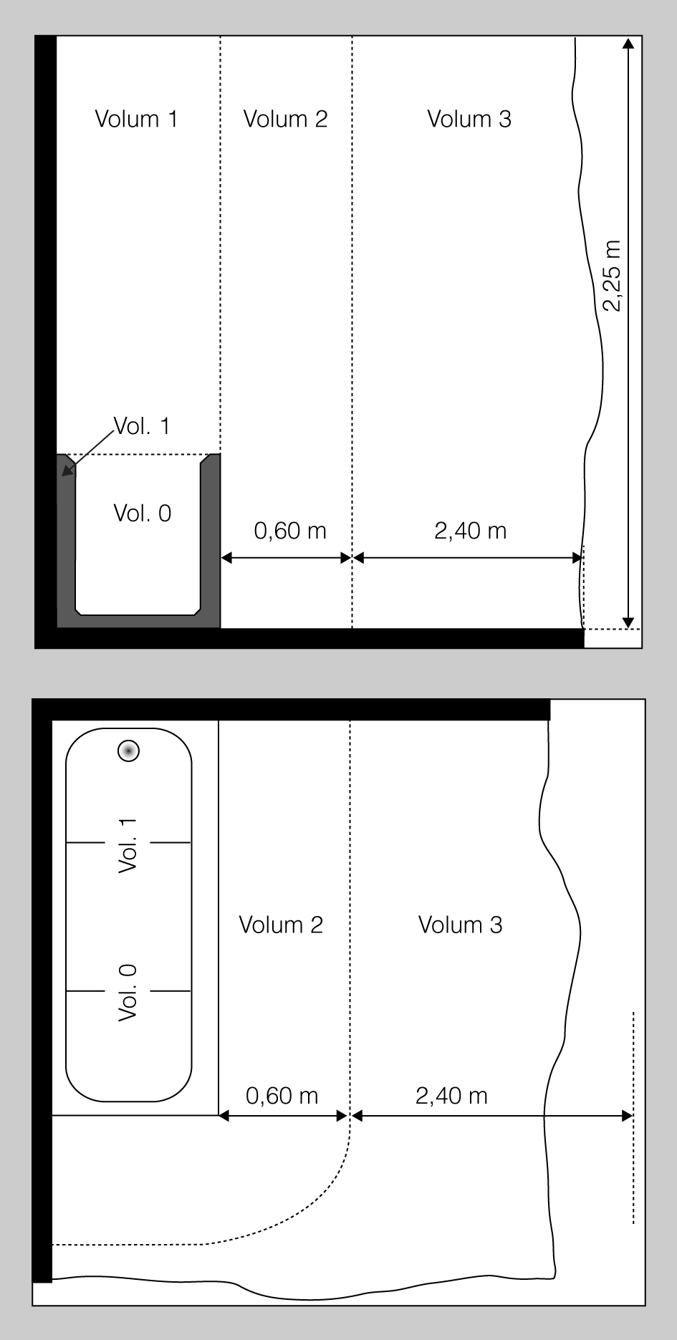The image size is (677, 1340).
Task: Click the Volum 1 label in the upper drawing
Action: (x=136, y=119)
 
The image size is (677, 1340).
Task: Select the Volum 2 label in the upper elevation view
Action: (x=285, y=119)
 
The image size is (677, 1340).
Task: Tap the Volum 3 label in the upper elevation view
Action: (x=469, y=119)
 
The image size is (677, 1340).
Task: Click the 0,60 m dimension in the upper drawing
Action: (x=290, y=531)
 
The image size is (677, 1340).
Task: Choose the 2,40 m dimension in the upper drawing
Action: (x=471, y=531)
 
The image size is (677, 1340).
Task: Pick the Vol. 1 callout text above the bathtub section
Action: (x=142, y=426)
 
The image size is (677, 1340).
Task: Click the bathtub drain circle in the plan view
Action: (x=128, y=751)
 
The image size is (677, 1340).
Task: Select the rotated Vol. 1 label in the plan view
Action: (x=128, y=845)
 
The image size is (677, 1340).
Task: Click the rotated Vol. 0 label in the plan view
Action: (x=128, y=993)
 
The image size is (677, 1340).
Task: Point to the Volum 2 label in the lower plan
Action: (x=281, y=925)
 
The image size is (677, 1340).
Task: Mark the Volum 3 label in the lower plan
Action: (x=461, y=925)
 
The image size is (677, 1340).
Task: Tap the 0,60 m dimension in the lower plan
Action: (x=282, y=1096)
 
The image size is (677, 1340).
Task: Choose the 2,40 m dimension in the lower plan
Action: (x=451, y=1096)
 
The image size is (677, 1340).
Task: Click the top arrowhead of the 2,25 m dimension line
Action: (x=628, y=42)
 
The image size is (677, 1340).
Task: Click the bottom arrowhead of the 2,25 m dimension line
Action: (x=628, y=622)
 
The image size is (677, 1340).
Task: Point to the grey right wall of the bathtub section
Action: (x=211, y=537)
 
